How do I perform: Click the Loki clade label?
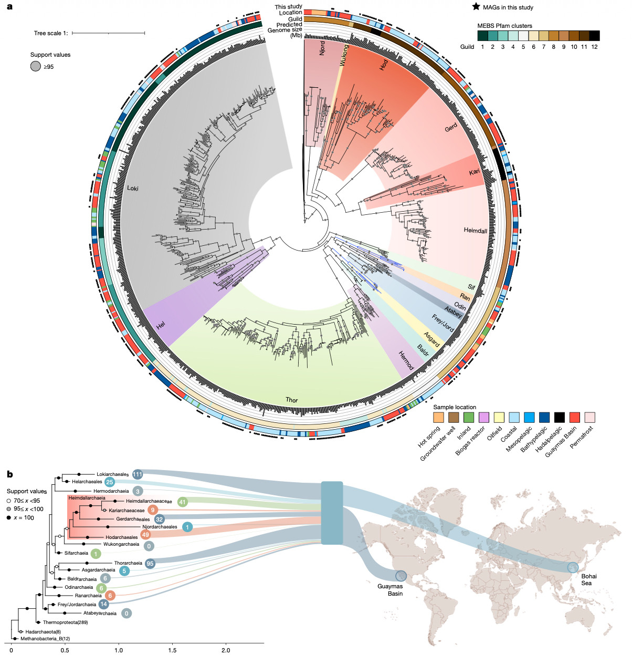coord(132,188)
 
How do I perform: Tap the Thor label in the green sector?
coord(291,400)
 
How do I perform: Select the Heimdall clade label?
coord(475,231)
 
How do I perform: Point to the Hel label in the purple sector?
coord(161,326)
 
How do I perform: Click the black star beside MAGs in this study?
coord(476,7)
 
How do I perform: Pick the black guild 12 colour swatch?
coord(594,36)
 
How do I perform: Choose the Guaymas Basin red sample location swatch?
coord(575,418)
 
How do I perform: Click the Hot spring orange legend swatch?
coord(438,418)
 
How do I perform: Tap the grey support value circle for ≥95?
coord(36,66)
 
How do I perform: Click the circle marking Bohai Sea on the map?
coord(573,567)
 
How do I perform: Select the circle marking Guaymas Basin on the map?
coord(401,576)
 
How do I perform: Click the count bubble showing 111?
coord(138,474)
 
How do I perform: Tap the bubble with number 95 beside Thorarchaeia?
coord(150,563)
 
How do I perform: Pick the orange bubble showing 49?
coord(145,535)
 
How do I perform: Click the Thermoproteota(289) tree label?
coord(65,622)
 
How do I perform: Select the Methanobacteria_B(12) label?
coord(45,639)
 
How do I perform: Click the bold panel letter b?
coord(9,474)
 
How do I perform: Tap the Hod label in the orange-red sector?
coord(384,65)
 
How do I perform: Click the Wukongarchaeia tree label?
coord(121,544)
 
